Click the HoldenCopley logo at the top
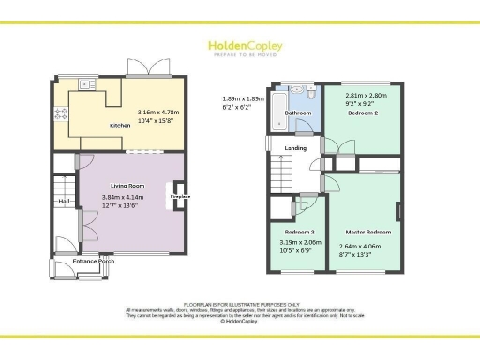240,45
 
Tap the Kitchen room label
120,125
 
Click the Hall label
65,201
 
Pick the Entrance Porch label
93,261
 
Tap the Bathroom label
298,112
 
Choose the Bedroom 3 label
298,232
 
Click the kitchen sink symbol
87,84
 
